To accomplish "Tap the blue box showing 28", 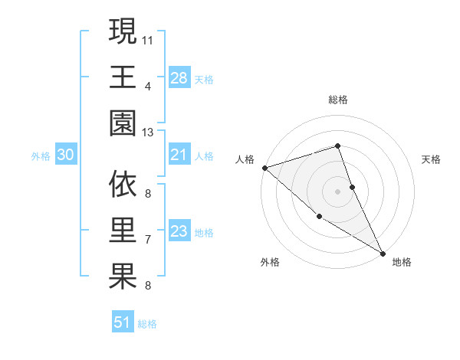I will coord(179,77).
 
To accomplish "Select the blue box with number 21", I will coord(179,155).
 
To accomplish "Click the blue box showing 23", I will coord(179,232).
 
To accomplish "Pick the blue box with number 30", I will coord(65,155).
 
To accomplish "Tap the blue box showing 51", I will coord(122,322).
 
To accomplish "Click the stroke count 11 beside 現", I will coord(149,38).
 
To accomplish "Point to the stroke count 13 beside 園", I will coord(149,133).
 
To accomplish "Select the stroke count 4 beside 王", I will coord(147,86).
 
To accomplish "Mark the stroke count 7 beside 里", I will coord(147,240).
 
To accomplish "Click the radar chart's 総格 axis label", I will coord(337,100).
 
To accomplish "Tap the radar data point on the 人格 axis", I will coord(264,167).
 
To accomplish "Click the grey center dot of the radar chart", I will coord(337,191).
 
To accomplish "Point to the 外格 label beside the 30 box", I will coord(41,156).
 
